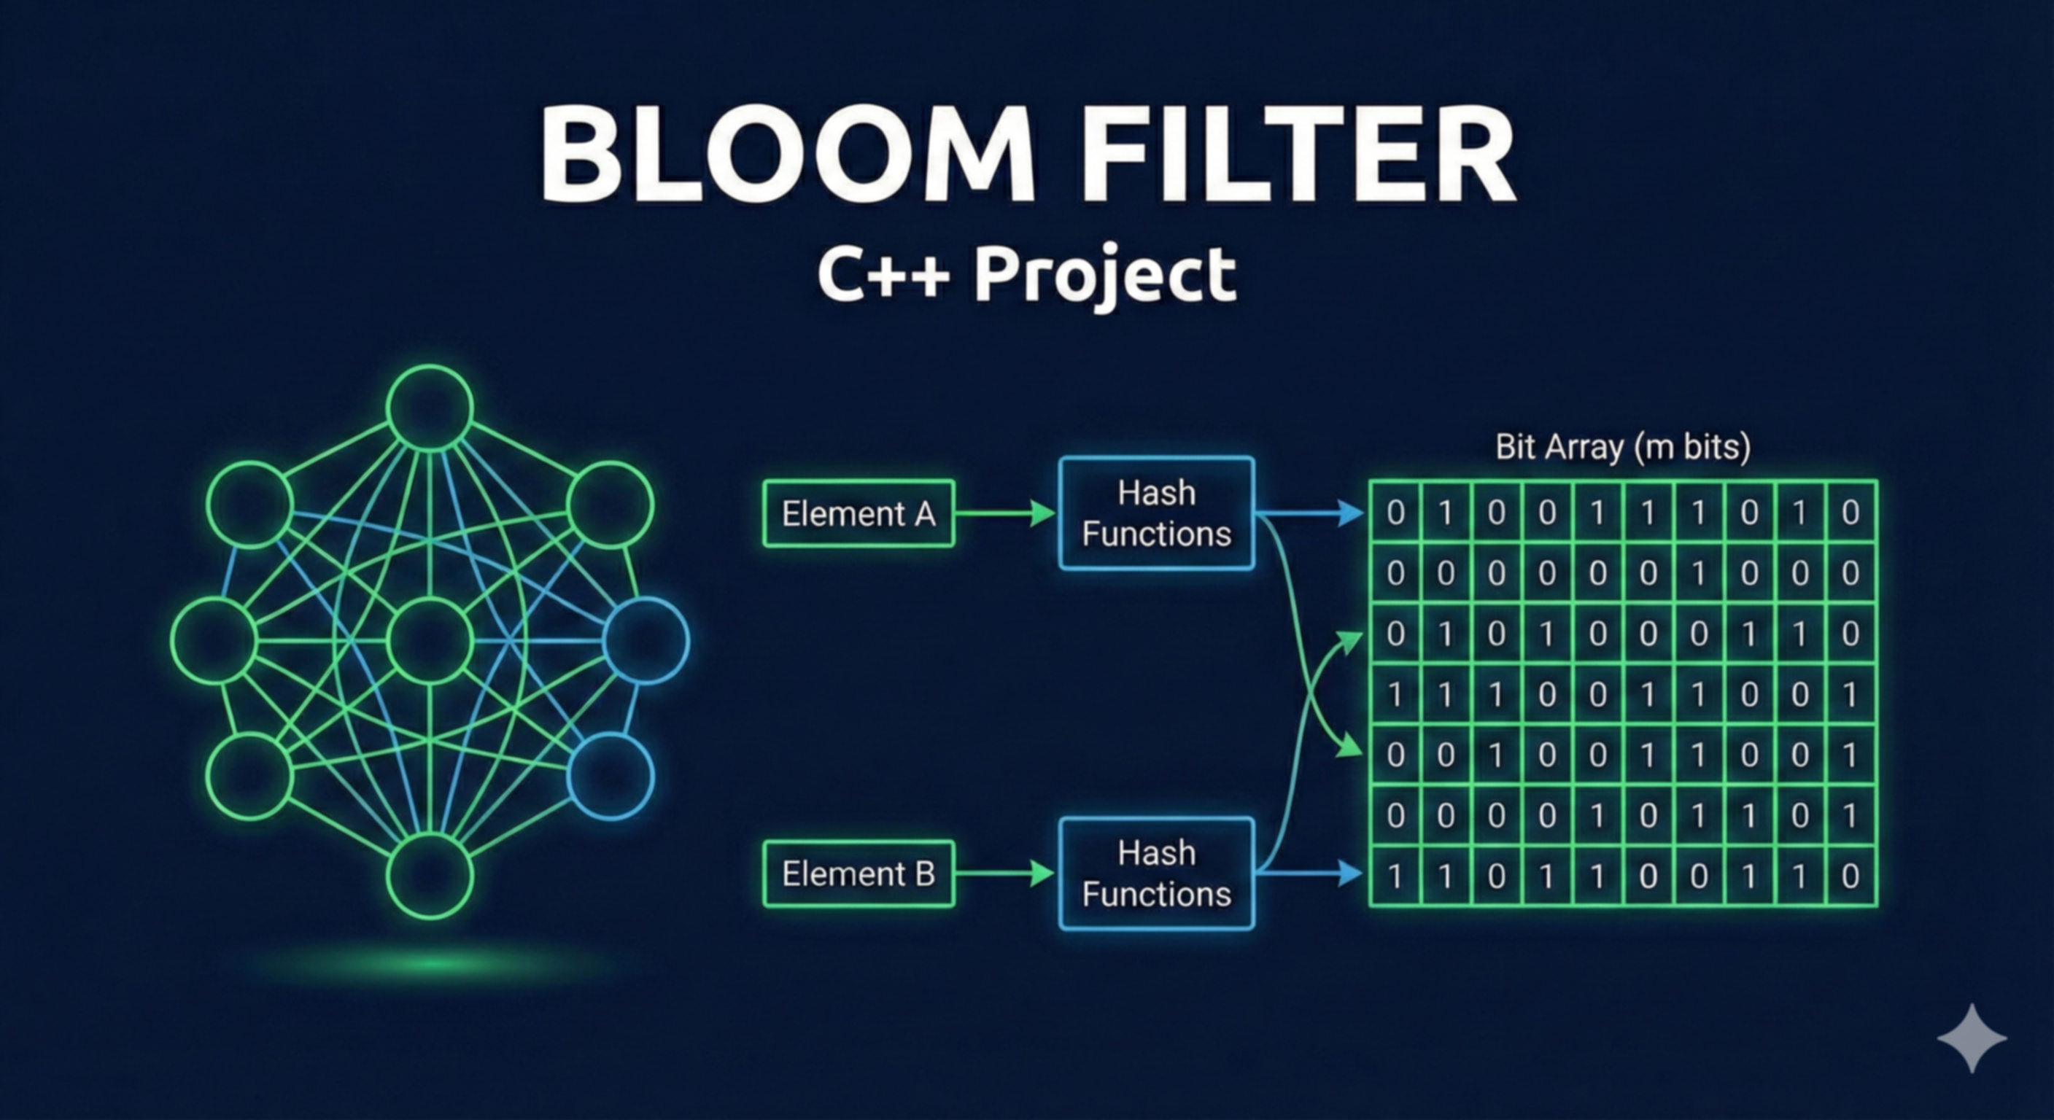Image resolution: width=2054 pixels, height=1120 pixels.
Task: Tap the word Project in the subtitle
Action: point(1104,275)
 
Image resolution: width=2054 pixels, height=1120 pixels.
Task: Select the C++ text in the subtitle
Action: point(883,275)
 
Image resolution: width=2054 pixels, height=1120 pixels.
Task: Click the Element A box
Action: point(858,513)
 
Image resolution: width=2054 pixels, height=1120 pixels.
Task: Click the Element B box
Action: point(858,874)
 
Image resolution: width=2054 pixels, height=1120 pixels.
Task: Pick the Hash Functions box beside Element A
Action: point(1156,513)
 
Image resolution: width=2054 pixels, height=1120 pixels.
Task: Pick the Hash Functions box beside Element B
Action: point(1156,874)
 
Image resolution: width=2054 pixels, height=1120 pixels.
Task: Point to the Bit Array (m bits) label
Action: point(1623,446)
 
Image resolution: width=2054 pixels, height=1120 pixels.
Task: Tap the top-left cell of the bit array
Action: point(1395,513)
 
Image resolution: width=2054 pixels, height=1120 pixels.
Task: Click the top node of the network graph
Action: point(430,408)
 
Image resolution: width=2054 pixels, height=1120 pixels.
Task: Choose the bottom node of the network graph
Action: point(430,876)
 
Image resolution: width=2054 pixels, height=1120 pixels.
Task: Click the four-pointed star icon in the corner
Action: point(1972,1038)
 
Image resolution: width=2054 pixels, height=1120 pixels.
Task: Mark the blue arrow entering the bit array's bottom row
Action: point(1316,874)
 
